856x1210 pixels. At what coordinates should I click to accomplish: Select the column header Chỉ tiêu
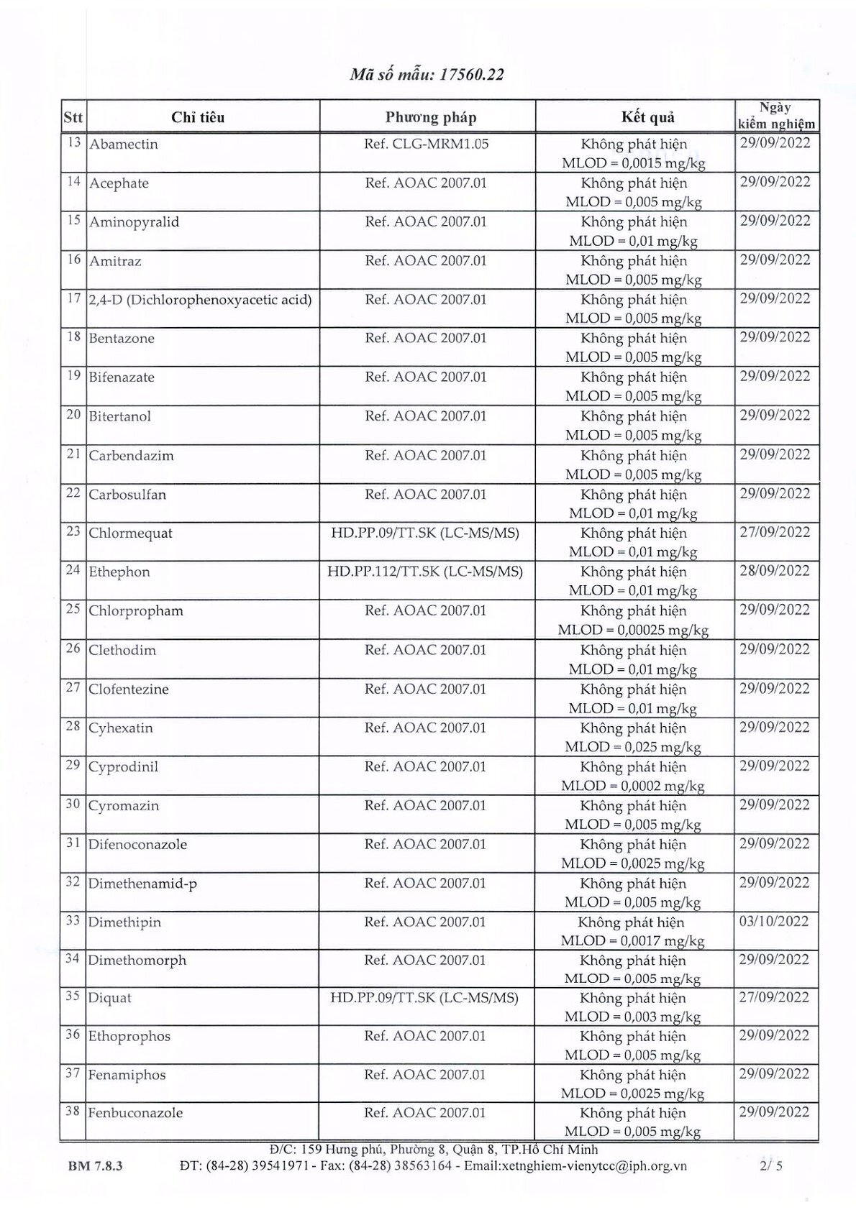(198, 117)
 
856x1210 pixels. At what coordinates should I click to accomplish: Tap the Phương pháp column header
(430, 117)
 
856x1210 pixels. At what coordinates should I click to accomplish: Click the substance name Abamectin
(123, 144)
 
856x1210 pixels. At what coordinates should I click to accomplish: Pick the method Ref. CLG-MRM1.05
(426, 144)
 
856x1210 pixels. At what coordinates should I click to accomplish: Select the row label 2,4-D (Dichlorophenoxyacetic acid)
(200, 299)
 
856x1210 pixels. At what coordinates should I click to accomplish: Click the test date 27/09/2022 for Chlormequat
(775, 532)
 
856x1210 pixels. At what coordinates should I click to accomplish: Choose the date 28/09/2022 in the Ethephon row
(775, 571)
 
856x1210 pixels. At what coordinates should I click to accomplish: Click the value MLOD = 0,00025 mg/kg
(633, 630)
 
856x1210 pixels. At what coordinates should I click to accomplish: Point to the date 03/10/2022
(774, 921)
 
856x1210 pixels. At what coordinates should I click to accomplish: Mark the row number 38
(72, 1112)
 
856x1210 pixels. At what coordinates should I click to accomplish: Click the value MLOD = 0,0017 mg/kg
(632, 940)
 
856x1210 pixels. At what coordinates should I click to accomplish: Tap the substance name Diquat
(109, 998)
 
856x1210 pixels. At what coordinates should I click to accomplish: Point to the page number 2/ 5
(775, 1165)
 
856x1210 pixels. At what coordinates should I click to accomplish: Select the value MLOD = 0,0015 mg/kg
(633, 163)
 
